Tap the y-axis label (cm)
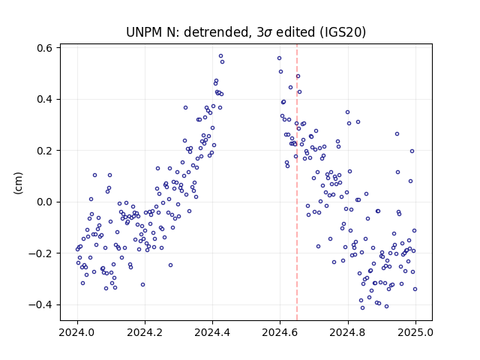18,183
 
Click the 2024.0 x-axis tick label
77,332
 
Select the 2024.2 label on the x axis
145,332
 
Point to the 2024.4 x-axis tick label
212,332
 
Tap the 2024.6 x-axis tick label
280,332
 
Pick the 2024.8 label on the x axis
348,332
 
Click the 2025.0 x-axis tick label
415,332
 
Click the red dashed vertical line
297,182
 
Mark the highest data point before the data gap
220,56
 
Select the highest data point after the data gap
279,58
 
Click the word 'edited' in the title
295,32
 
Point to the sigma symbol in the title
268,33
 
